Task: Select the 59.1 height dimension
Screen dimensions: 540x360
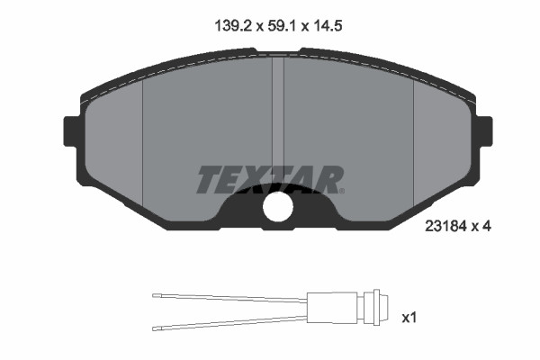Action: click(x=282, y=26)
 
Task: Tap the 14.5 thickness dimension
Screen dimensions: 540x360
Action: click(x=328, y=26)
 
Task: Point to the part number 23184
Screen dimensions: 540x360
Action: click(x=445, y=226)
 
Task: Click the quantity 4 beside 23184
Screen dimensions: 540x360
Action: click(x=487, y=226)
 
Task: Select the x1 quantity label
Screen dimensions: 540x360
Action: click(x=409, y=318)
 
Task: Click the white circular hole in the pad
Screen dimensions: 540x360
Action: click(x=278, y=207)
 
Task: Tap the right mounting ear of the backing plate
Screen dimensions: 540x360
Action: click(x=484, y=131)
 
